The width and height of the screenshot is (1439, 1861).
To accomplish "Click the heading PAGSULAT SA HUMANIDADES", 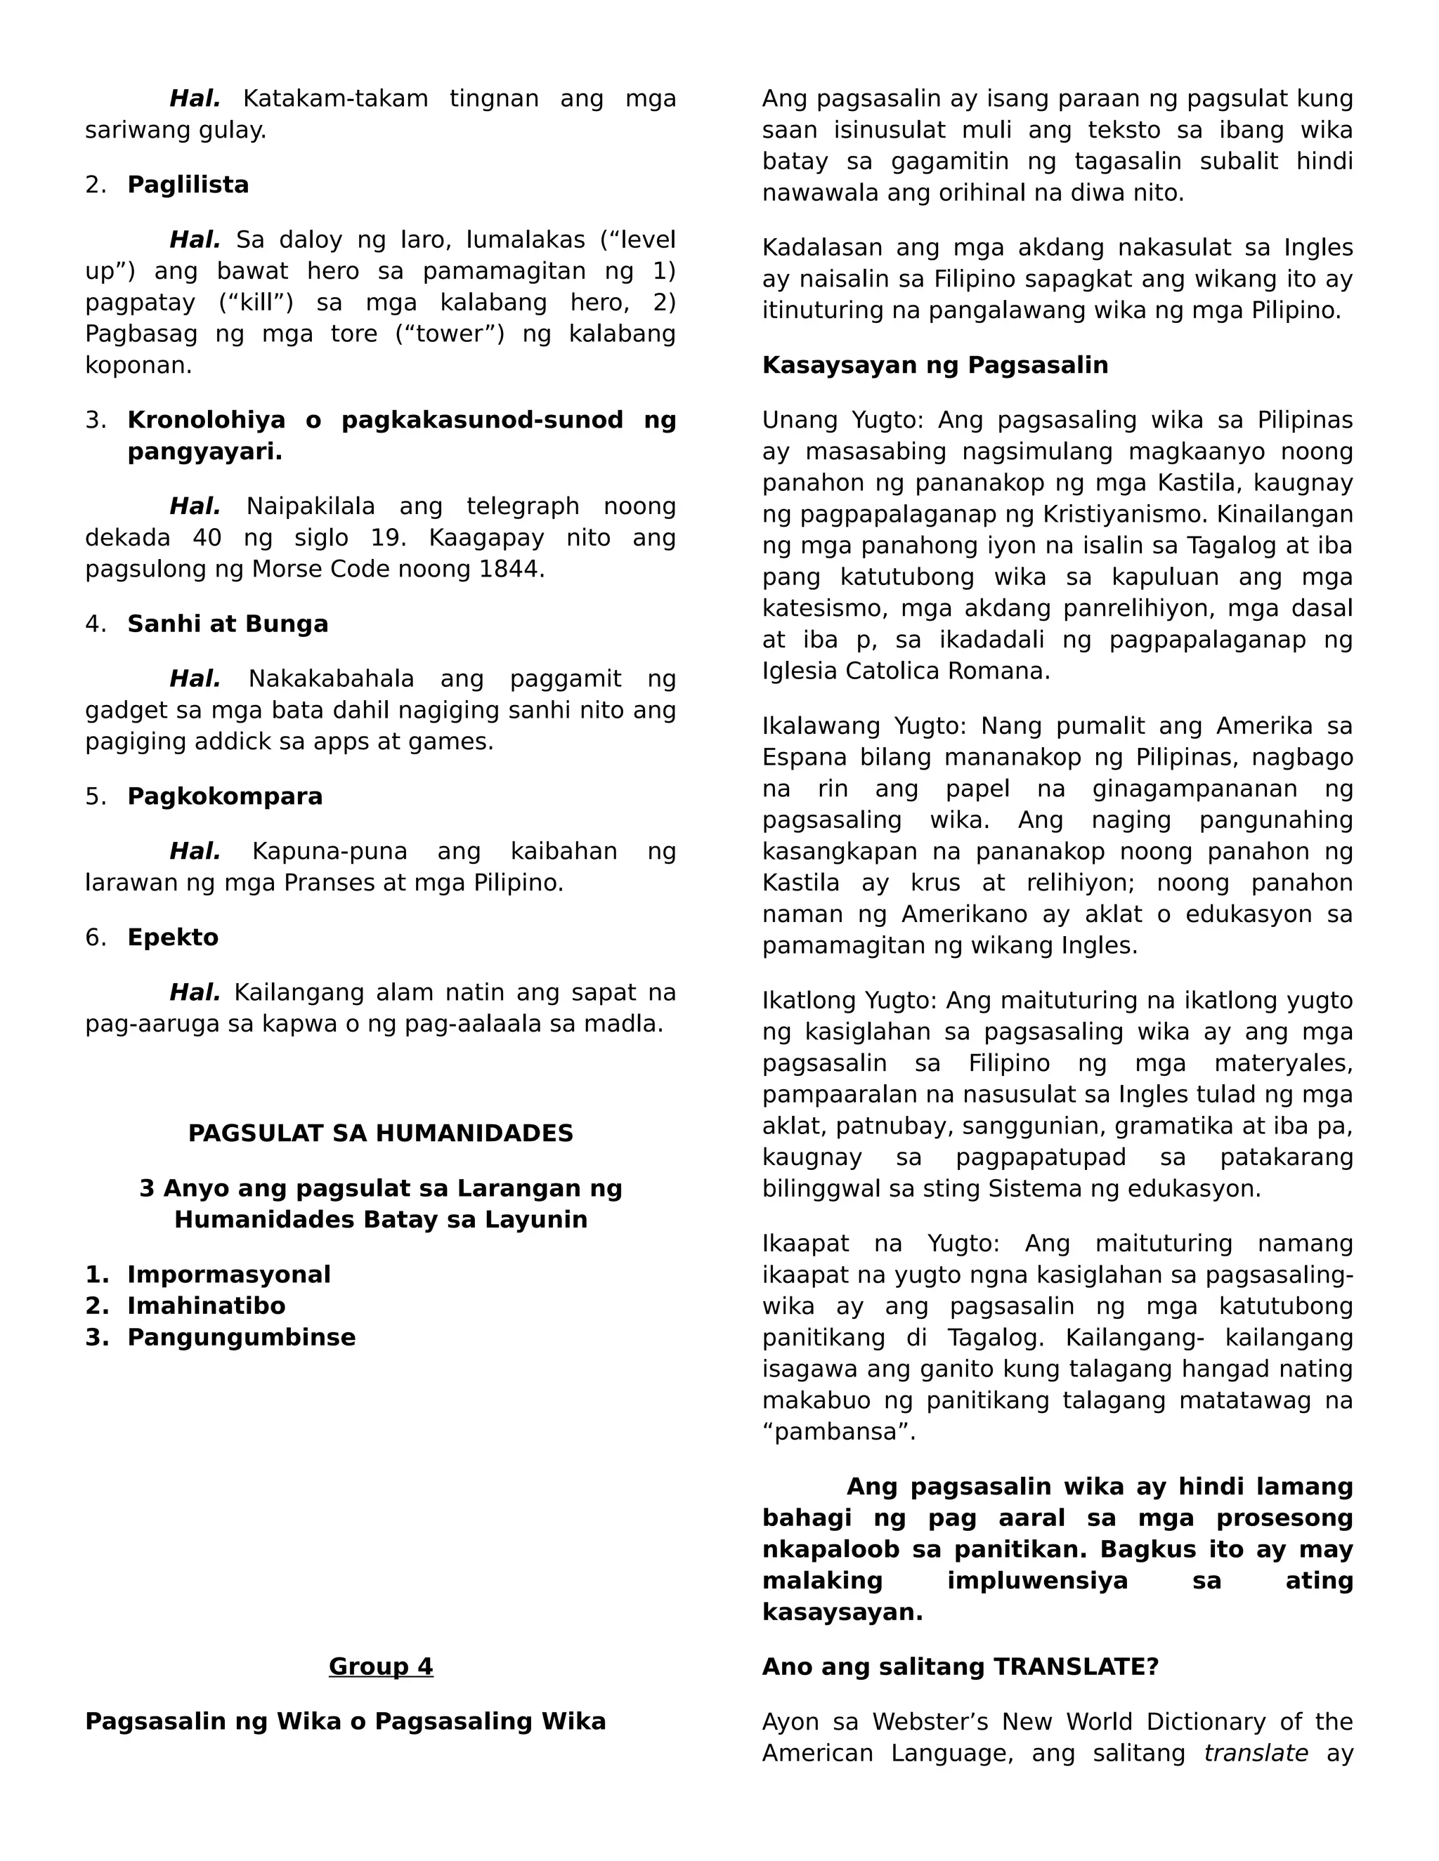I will click(380, 1133).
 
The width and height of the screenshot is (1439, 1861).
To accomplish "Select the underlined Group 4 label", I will click(380, 1666).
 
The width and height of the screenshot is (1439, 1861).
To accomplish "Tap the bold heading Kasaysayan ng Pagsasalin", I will click(935, 366).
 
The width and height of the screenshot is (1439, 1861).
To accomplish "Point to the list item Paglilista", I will click(188, 185).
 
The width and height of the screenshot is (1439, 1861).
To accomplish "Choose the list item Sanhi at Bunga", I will click(228, 624).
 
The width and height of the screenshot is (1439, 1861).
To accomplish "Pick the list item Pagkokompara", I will click(225, 797).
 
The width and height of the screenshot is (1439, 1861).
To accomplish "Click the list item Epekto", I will click(173, 938).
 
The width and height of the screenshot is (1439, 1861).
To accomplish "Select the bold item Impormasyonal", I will click(228, 1275).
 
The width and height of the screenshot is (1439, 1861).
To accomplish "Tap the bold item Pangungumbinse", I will click(241, 1337).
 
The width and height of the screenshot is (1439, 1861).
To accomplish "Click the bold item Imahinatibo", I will click(207, 1306).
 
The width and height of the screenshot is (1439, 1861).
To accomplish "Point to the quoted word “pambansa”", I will click(838, 1431).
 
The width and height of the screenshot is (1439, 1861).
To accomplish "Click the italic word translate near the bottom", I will click(1255, 1753).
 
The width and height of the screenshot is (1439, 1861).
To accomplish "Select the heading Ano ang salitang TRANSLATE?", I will click(960, 1666).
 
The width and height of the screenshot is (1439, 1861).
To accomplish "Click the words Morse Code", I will click(316, 570).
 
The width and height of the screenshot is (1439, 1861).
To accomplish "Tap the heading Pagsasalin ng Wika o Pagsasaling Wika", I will click(345, 1721).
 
